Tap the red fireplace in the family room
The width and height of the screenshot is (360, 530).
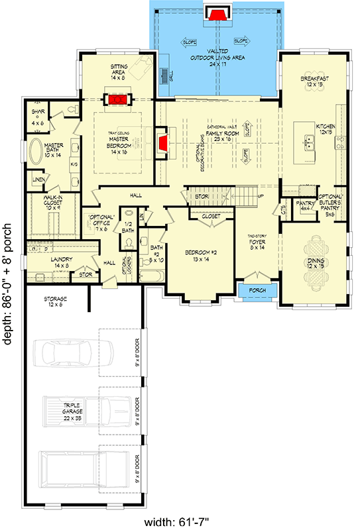click(162, 141)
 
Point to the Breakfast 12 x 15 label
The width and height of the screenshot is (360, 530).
click(314, 81)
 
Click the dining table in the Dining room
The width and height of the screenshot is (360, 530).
click(314, 262)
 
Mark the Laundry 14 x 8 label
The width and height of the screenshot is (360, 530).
click(56, 262)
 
